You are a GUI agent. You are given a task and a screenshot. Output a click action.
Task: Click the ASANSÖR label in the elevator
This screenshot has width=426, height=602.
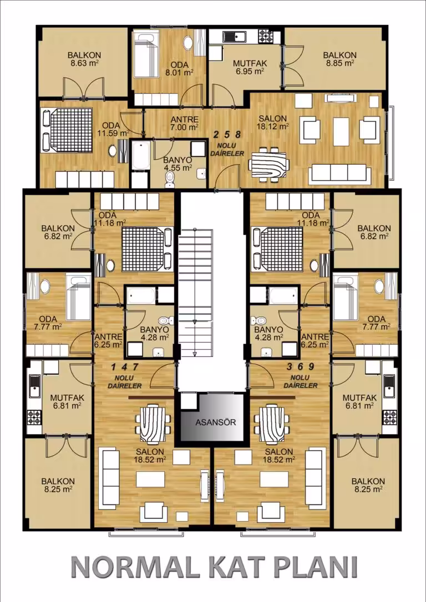216,423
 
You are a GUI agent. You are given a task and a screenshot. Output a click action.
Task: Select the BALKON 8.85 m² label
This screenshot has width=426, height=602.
340,59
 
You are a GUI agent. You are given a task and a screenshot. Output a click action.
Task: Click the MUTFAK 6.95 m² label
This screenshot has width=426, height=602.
250,67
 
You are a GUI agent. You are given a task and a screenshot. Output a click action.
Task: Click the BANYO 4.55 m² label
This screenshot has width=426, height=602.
177,164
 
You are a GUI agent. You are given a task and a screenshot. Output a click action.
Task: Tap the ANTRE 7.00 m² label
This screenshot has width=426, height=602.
184,123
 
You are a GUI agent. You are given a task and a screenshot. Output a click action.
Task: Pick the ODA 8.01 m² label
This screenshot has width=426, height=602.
180,68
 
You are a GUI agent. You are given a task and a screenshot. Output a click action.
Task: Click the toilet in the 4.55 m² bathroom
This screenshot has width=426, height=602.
169,179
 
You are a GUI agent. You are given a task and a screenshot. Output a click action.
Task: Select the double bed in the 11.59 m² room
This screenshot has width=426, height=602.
68,130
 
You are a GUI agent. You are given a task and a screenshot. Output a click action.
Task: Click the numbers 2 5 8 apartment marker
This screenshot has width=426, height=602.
227,134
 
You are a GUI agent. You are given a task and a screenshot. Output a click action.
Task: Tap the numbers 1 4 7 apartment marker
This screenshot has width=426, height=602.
124,366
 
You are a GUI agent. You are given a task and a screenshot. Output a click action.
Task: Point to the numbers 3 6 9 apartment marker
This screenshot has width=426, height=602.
301,366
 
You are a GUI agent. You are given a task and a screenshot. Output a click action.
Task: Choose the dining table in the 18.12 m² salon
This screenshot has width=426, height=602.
269,164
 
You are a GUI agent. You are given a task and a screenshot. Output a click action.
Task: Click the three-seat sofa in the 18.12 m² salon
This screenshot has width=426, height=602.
341,173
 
